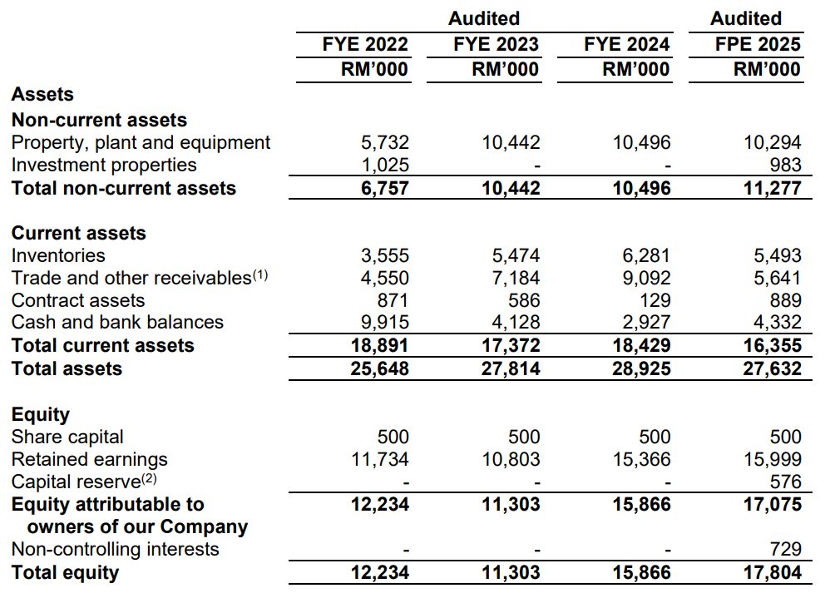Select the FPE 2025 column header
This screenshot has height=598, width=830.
758,44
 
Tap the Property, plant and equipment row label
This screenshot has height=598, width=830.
141,142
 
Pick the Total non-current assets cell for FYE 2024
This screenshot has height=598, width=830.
641,188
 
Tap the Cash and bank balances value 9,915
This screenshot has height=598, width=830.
383,323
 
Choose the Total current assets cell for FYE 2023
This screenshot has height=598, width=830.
511,345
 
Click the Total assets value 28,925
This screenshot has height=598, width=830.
641,368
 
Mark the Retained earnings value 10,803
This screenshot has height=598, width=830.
511,459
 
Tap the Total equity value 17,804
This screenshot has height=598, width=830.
773,572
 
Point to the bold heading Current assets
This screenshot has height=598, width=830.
78,233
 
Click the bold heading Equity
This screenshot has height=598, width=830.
40,414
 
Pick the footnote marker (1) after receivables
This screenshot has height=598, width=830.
259,275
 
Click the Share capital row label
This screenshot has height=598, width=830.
67,437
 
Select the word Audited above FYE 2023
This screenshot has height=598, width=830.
484,18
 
